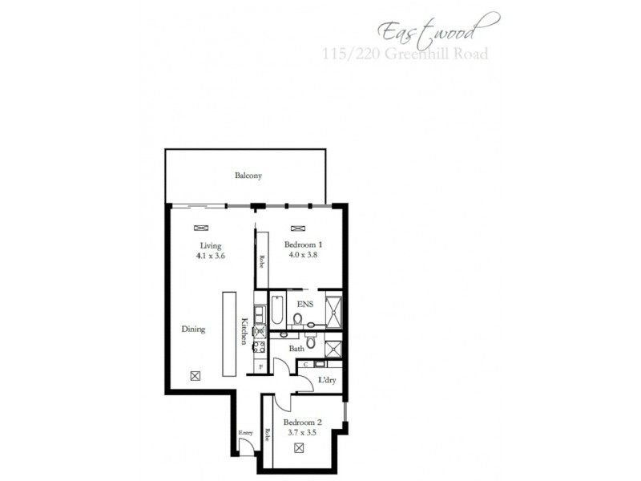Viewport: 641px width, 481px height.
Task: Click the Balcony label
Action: pos(248,176)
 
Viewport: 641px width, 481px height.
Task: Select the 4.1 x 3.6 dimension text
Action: pos(211,257)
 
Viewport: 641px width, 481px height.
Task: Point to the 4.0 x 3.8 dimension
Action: pos(304,257)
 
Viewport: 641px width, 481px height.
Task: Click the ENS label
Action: pos(305,304)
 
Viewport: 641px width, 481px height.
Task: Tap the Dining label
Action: pos(193,329)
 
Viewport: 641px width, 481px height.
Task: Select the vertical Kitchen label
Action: pos(244,332)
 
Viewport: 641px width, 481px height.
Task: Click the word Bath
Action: pos(296,349)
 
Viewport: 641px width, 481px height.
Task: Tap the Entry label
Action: pos(245,434)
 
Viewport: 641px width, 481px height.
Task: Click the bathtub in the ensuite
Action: pos(276,310)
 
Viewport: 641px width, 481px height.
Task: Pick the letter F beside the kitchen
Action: pos(260,367)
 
